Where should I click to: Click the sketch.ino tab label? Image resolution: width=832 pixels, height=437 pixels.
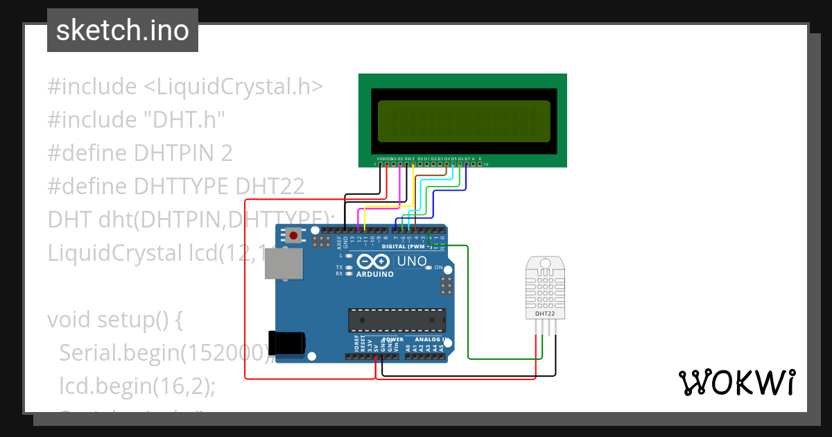[122, 31]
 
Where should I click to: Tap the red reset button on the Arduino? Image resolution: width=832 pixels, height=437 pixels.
[294, 236]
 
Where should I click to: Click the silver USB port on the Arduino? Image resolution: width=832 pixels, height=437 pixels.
[284, 264]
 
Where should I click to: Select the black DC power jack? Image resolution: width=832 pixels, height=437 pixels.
[287, 343]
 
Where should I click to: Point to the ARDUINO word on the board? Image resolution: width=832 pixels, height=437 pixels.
[374, 274]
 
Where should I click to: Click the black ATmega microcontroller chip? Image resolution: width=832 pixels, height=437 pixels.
[397, 319]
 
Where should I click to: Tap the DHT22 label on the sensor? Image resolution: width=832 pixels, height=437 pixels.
[545, 314]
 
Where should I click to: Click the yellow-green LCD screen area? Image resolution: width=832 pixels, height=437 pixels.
[464, 121]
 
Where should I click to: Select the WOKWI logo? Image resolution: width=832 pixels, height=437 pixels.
[736, 382]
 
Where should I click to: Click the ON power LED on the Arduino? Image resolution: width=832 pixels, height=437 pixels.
[430, 268]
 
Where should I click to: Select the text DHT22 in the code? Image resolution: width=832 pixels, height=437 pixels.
[270, 187]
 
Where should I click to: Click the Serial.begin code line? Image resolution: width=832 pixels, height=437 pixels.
[164, 353]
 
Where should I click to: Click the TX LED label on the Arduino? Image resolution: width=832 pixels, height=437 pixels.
[339, 267]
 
